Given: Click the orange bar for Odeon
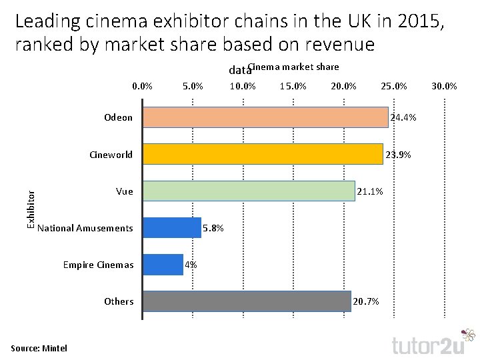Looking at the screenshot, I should pos(265,117).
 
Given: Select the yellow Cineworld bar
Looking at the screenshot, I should pos(263,154).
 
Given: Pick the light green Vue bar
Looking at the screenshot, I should pos(249,191).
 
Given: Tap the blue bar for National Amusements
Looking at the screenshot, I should pos(172,228).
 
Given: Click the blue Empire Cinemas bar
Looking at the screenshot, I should pos(163,265).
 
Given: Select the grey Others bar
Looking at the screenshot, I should pos(247,301).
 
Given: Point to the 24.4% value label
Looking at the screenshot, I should pos(403,118).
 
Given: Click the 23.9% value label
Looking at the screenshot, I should pos(398,155).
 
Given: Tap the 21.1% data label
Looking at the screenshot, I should pos(370,192).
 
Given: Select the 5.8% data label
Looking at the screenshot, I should pos(213,229).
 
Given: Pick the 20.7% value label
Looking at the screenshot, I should pos(366,302).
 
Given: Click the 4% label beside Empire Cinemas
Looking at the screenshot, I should pos(191,265).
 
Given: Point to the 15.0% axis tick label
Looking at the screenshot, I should pos(293,86).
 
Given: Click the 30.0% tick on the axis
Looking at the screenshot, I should pos(444,86).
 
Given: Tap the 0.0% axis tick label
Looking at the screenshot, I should pos(143,86).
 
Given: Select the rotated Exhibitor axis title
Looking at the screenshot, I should pos(30,209).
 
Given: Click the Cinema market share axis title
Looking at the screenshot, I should pos(293,67).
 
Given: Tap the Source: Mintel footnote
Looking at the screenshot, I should pos(39,348).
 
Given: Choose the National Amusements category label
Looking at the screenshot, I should pos(85,229).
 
